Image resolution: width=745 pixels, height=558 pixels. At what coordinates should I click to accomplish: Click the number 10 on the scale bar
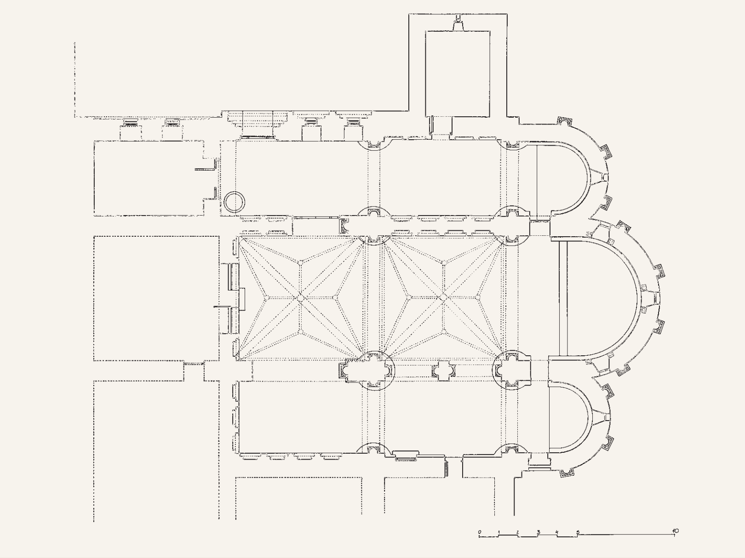click(675, 531)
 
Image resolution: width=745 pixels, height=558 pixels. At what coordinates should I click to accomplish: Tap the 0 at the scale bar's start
click(480, 532)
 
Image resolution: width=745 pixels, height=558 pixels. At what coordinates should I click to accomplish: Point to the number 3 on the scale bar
click(539, 531)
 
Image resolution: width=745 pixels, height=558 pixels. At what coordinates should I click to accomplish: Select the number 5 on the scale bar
click(578, 532)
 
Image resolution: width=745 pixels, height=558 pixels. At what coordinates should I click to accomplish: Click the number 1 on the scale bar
click(499, 532)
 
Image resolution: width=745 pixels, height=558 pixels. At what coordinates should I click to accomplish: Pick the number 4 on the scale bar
click(557, 531)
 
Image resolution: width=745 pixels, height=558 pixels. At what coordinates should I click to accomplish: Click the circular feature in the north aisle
click(234, 202)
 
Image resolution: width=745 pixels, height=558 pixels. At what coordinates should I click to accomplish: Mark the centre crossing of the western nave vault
click(300, 298)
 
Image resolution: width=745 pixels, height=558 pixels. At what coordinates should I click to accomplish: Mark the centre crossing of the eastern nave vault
click(443, 297)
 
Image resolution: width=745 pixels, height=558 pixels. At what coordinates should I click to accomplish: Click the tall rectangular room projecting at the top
click(458, 74)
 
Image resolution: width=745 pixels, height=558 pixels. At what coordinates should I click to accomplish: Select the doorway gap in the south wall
click(454, 467)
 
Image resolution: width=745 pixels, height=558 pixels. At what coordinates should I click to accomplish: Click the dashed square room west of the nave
click(156, 298)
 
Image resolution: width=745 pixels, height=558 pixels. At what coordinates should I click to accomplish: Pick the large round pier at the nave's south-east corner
click(512, 370)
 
